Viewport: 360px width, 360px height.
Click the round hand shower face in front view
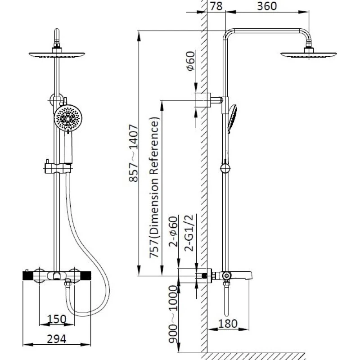pyautogui.click(x=68, y=119)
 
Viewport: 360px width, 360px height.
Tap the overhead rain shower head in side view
pyautogui.click(x=310, y=54)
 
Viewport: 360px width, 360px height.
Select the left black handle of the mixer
pyautogui.click(x=29, y=276)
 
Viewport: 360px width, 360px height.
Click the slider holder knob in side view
pyautogui.click(x=225, y=169)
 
